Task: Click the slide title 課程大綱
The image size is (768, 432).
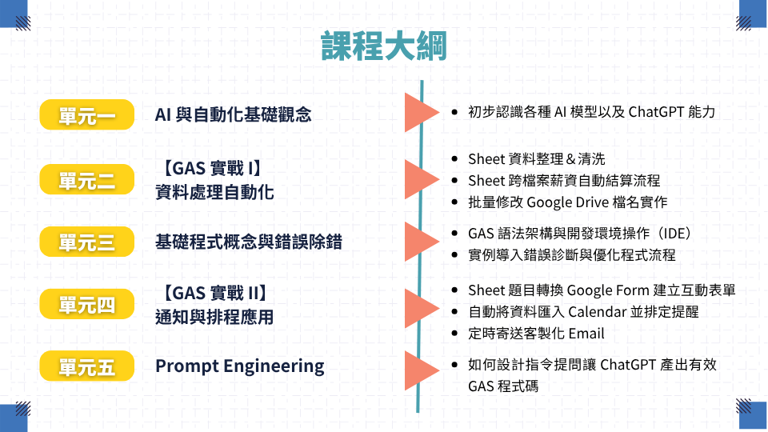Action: tap(384, 46)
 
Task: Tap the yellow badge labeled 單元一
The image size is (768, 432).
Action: tap(86, 115)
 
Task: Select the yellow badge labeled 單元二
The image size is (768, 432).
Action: tap(86, 180)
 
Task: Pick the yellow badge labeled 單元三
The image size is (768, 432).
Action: tap(86, 242)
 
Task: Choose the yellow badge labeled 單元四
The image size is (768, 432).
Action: tap(86, 304)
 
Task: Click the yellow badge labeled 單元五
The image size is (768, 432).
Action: tap(86, 366)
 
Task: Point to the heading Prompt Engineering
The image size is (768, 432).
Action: tap(239, 366)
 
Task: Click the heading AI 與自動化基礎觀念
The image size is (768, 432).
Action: tap(233, 114)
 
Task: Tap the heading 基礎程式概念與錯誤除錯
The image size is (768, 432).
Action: tap(248, 242)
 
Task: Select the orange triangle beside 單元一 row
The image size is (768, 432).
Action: tap(420, 113)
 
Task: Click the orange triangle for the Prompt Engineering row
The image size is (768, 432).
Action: tap(420, 370)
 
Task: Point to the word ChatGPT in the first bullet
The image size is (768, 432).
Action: tap(655, 112)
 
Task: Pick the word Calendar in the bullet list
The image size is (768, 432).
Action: tap(598, 312)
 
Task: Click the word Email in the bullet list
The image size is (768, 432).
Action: tap(586, 334)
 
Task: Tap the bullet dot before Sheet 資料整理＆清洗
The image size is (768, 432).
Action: tap(455, 159)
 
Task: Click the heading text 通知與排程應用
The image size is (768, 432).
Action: tap(214, 318)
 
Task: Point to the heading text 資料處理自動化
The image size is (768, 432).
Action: tap(214, 192)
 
